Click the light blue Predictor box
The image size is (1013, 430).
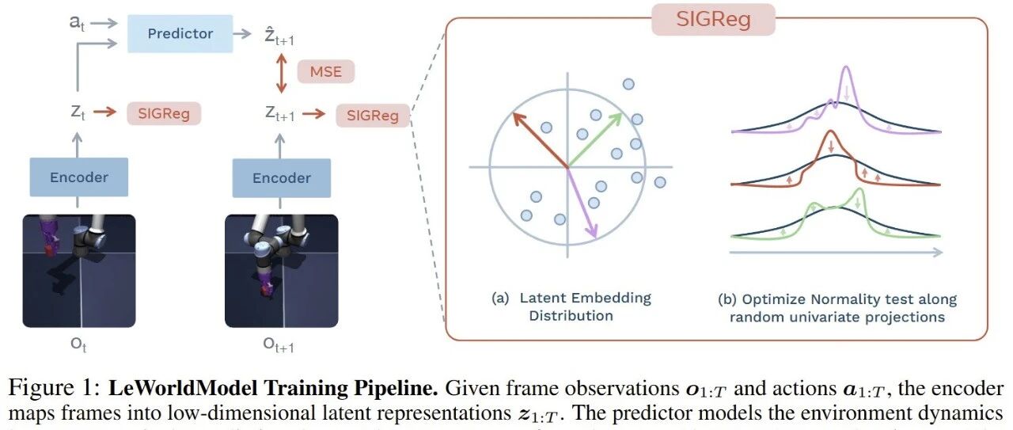point(180,33)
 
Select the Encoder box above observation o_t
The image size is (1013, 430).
point(78,177)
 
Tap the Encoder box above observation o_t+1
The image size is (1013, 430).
point(281,177)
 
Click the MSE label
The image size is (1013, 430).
point(325,73)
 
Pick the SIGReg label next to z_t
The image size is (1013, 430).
point(164,113)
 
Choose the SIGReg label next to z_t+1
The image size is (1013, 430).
point(373,116)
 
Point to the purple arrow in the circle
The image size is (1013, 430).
point(582,204)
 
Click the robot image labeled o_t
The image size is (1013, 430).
point(79,271)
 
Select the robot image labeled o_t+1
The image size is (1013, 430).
point(281,271)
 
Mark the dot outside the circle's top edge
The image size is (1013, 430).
point(628,84)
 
